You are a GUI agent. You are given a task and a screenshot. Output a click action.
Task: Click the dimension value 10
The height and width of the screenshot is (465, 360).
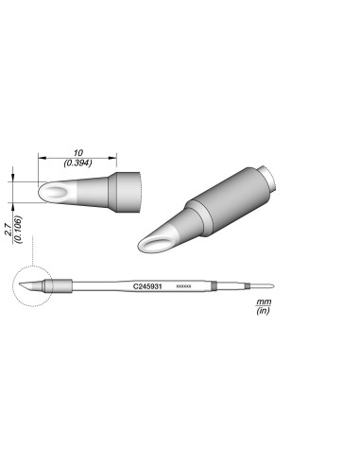[x=77, y=152]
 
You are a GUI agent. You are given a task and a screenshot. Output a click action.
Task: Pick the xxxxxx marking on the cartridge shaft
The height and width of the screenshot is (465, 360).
[x=184, y=285]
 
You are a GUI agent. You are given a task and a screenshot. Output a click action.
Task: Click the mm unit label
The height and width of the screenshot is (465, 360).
[x=263, y=301]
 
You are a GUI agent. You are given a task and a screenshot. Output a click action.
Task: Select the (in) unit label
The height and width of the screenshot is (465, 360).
[x=263, y=310]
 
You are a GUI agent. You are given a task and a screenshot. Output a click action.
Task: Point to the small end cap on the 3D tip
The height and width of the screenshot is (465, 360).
[x=269, y=177]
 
